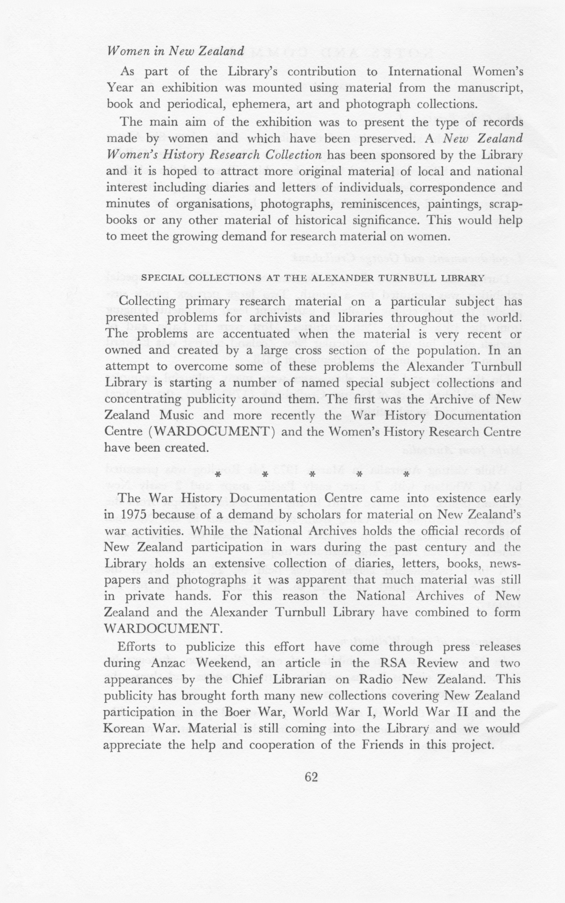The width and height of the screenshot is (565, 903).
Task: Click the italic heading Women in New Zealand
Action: click(175, 51)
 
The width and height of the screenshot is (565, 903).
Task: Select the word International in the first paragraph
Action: click(425, 71)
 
